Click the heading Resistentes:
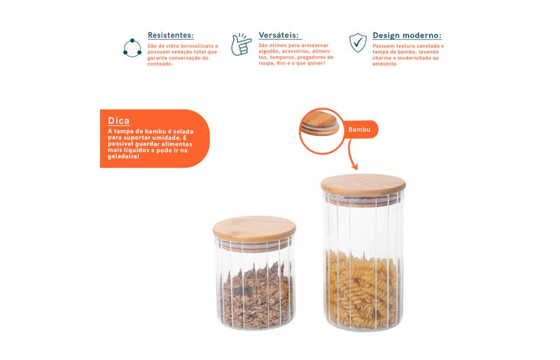[170, 36]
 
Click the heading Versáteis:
[279, 35]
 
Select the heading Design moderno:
[407, 36]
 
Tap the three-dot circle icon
[132, 48]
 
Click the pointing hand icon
[241, 45]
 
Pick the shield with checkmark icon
[358, 43]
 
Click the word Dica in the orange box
[118, 121]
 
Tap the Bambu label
[359, 130]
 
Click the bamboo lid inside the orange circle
[320, 123]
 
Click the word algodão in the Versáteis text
[269, 51]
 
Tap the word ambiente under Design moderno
[385, 64]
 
